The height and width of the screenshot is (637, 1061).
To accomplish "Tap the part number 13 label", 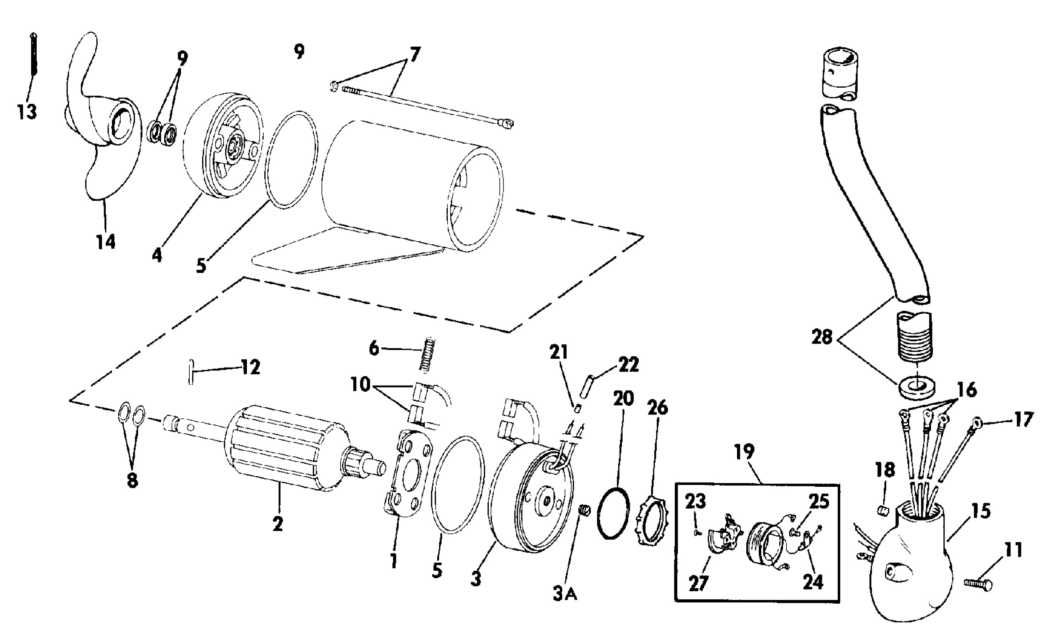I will coord(27,112).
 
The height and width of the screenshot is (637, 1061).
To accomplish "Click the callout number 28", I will coord(822,337).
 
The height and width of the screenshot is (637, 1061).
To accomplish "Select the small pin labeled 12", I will coord(192,372).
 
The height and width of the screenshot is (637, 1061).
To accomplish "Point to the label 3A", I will coord(565,595).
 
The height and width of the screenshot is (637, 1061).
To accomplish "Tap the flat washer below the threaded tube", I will coord(916,387).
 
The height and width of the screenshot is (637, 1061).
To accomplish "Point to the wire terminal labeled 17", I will coord(974,424).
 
